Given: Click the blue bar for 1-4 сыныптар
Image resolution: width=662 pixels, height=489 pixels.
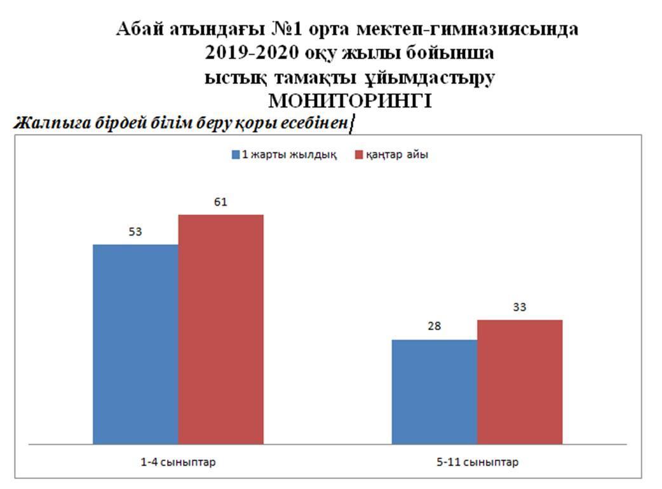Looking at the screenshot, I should (x=135, y=343).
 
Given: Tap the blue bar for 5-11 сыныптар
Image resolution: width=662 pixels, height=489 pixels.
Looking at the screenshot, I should (x=434, y=391).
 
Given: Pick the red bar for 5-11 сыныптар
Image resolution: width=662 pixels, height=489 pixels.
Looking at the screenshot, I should (x=519, y=381).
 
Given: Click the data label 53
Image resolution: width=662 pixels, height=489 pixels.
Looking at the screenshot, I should (x=135, y=232).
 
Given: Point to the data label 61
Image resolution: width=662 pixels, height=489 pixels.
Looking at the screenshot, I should (x=220, y=203).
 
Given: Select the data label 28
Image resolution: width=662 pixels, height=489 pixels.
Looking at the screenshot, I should (x=434, y=327).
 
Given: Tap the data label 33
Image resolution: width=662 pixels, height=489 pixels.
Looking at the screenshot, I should (x=519, y=307).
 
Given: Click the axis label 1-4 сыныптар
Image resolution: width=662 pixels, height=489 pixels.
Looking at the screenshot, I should (x=178, y=462).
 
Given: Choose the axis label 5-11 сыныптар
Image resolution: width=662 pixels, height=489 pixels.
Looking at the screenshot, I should (x=477, y=462).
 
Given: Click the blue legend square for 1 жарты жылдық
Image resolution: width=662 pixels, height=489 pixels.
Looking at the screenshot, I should (x=236, y=155).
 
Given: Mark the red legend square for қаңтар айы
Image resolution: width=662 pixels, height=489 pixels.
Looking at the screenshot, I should (x=359, y=155).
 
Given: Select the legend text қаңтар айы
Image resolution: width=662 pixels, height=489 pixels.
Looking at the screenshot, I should (x=396, y=155).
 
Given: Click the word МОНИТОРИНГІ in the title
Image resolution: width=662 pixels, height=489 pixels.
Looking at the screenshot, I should (x=350, y=101).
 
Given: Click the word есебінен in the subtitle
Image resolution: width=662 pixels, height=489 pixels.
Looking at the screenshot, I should (x=315, y=123).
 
